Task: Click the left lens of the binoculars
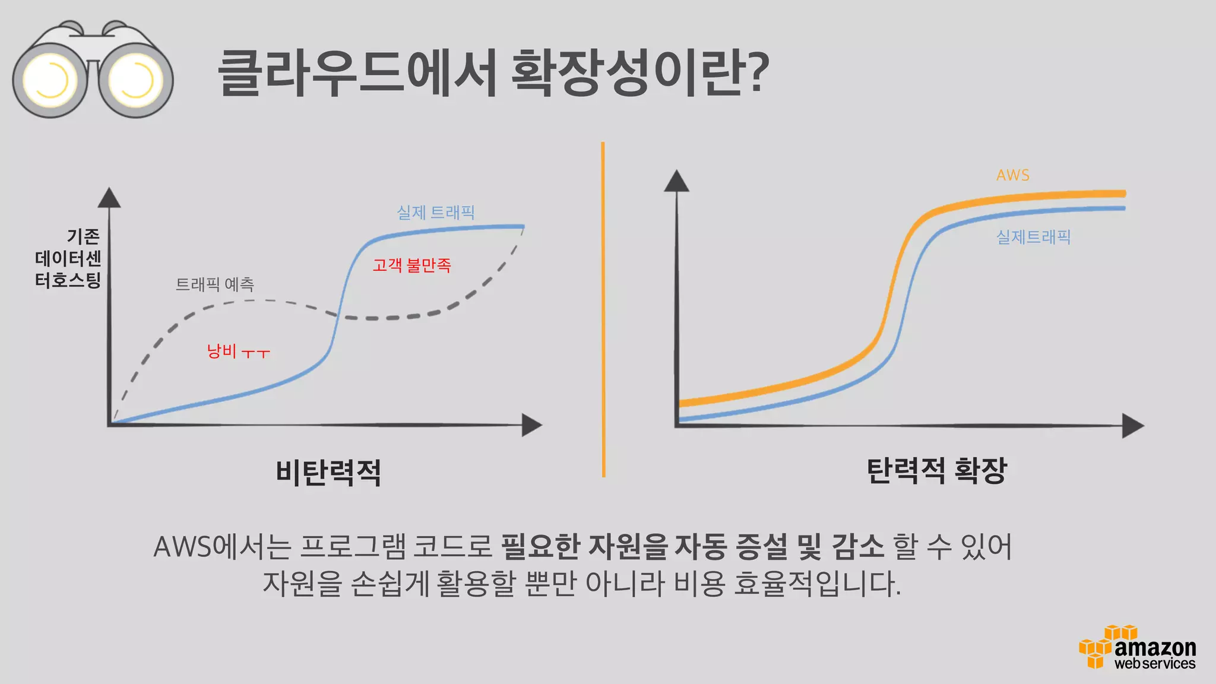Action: point(50,80)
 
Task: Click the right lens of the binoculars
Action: point(136,80)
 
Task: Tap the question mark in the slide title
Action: point(755,72)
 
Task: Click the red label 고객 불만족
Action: point(411,265)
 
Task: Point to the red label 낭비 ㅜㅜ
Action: point(238,351)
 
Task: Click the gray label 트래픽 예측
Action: point(214,284)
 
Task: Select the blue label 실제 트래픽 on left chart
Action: point(435,212)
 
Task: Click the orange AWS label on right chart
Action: point(1012,175)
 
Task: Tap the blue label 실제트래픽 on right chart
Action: point(1033,237)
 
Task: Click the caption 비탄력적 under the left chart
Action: point(328,473)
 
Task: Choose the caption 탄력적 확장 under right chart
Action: point(936,471)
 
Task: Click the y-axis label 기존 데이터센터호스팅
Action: point(68,258)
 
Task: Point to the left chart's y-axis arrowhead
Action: point(109,198)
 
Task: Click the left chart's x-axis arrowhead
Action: point(531,425)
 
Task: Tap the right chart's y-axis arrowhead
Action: point(676,181)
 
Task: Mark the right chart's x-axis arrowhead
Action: point(1132,426)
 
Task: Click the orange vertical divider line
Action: point(603,309)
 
